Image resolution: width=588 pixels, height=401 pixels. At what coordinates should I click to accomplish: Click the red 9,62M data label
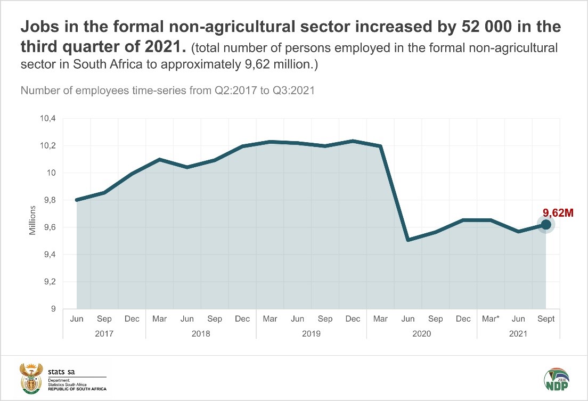click(558, 214)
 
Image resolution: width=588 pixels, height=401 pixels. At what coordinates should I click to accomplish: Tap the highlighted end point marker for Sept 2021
click(546, 225)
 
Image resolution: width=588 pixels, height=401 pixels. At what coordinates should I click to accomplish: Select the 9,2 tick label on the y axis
click(49, 282)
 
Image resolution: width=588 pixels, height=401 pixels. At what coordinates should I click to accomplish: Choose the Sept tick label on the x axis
click(546, 319)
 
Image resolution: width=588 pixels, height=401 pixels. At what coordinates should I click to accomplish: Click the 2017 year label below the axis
click(104, 334)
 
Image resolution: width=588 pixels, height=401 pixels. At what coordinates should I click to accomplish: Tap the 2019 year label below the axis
click(312, 334)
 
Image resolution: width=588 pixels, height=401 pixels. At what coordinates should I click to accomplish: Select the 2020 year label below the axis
click(422, 334)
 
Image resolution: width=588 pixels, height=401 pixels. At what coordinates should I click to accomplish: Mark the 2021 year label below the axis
click(518, 334)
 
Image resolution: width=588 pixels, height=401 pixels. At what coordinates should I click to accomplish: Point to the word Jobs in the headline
click(40, 27)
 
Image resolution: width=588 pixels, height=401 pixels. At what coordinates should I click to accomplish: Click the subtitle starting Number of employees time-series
click(168, 90)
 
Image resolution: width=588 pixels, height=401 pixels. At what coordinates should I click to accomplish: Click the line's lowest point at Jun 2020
click(408, 240)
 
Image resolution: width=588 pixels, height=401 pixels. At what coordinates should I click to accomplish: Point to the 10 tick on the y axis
click(51, 173)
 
